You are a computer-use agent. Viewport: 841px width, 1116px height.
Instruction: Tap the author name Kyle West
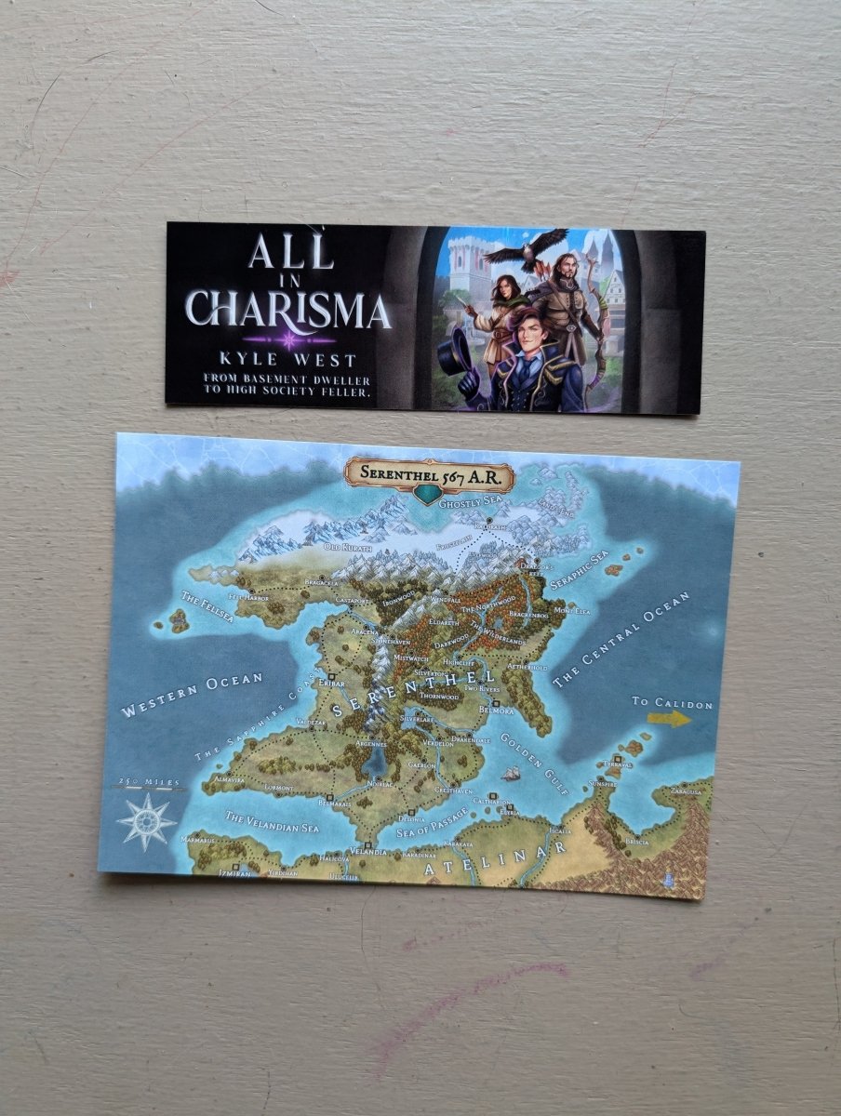pos(288,357)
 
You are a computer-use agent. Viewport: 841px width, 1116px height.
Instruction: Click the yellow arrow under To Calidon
pos(670,718)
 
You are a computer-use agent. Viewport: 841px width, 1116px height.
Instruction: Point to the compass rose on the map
pos(147,822)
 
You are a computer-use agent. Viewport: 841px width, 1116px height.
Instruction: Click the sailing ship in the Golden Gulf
pos(511,773)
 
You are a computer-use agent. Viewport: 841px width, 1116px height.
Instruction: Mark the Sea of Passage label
pos(434,823)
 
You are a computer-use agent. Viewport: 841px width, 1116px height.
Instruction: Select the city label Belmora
pos(496,710)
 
